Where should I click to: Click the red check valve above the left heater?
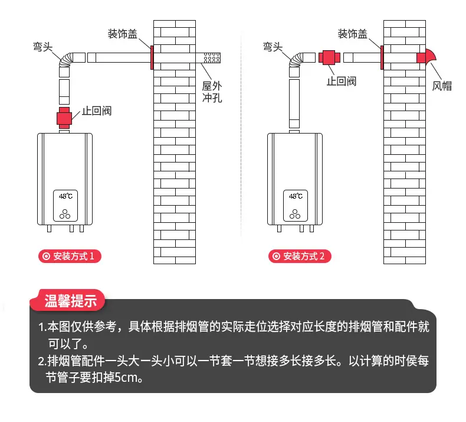coord(64,118)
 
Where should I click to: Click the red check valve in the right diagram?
coord(329,57)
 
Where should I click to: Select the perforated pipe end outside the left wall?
coord(212,58)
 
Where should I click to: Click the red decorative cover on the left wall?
coord(152,57)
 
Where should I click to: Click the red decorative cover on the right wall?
coord(382,57)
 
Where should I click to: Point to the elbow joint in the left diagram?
coord(66,60)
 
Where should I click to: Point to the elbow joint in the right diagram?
coord(296,60)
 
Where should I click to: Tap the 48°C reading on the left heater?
coord(65,196)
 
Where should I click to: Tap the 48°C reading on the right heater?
coord(296,196)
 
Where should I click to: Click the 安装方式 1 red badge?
coord(70,256)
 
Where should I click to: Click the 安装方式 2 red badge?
coord(300,256)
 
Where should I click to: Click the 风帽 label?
coord(442,86)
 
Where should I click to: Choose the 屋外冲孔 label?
coord(212,92)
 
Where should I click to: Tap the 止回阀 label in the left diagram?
coord(97,111)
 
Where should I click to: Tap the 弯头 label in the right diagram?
coord(273,47)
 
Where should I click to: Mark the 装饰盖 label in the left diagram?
coord(123,34)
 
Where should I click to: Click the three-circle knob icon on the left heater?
coord(65,214)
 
